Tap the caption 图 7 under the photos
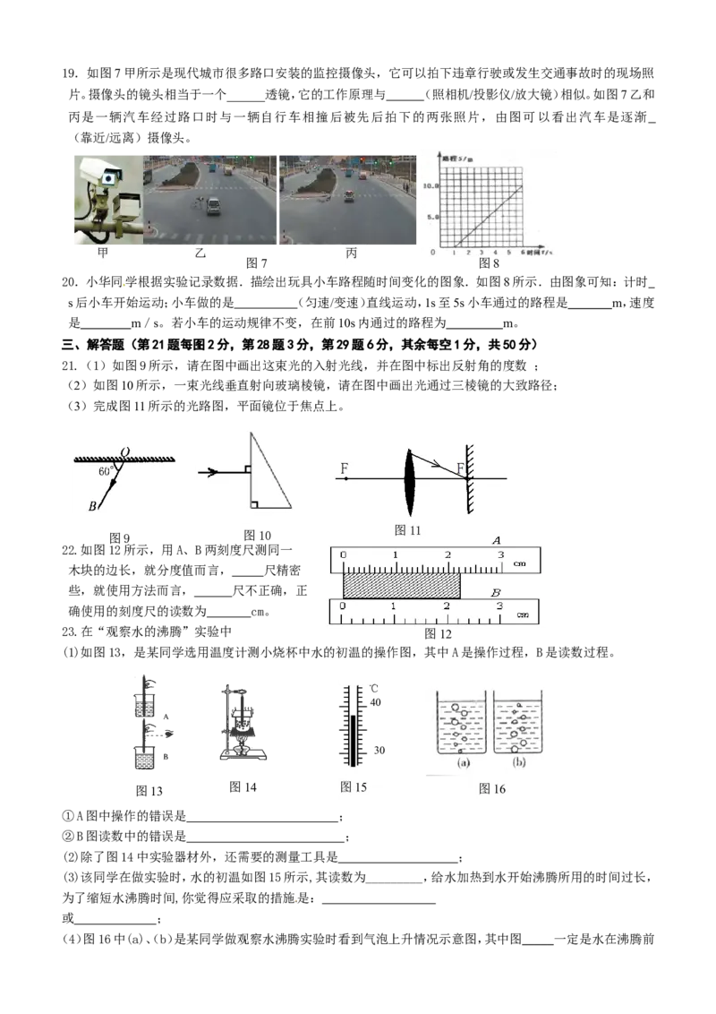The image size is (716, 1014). click(x=256, y=263)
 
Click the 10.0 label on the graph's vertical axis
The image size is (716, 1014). click(x=431, y=185)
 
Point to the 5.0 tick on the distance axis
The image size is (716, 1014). click(x=433, y=218)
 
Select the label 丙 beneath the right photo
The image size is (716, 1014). click(x=351, y=253)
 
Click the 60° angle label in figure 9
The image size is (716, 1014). click(x=106, y=471)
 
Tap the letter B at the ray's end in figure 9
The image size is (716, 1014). click(x=92, y=506)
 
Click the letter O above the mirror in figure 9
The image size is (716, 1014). click(x=124, y=452)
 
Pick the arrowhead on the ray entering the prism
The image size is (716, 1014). click(x=212, y=472)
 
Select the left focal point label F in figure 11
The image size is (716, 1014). click(x=345, y=468)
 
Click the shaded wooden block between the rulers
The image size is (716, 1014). click(x=401, y=586)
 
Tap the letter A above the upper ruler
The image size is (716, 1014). click(x=497, y=540)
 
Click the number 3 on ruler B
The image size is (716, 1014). click(x=499, y=606)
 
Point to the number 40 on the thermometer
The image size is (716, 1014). click(x=375, y=702)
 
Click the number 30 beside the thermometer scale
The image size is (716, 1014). click(x=379, y=750)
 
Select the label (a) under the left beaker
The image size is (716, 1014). click(x=464, y=762)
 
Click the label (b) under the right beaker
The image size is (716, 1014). click(x=519, y=761)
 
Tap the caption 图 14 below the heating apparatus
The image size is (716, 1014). click(x=243, y=787)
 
